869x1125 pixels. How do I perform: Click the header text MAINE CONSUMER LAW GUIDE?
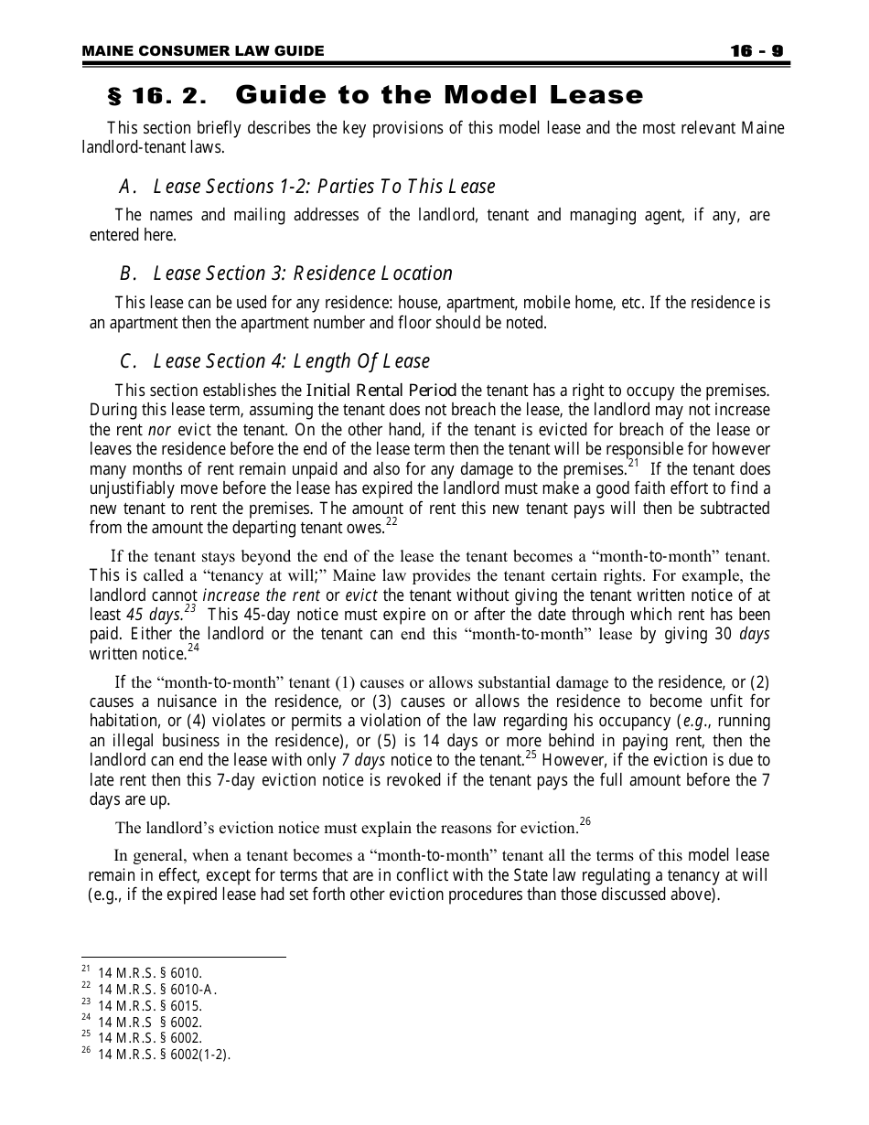[x=202, y=51]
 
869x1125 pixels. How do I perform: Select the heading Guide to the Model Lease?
[x=439, y=95]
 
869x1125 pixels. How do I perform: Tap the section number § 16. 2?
[x=157, y=96]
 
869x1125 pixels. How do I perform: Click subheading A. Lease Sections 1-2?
[x=306, y=187]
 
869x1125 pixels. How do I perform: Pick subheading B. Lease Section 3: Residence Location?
[x=285, y=273]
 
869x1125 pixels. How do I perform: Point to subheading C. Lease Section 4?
[x=274, y=361]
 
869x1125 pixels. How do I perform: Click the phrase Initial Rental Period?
[x=381, y=391]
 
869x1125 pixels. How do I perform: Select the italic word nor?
[x=159, y=430]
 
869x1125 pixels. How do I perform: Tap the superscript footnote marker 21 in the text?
[x=633, y=463]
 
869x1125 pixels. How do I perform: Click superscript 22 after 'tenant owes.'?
[x=392, y=522]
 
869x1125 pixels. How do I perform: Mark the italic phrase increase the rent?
[x=255, y=595]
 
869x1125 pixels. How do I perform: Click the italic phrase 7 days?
[x=362, y=761]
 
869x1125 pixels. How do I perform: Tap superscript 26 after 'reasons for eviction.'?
[x=585, y=822]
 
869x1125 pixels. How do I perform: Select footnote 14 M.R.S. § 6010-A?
[x=157, y=989]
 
